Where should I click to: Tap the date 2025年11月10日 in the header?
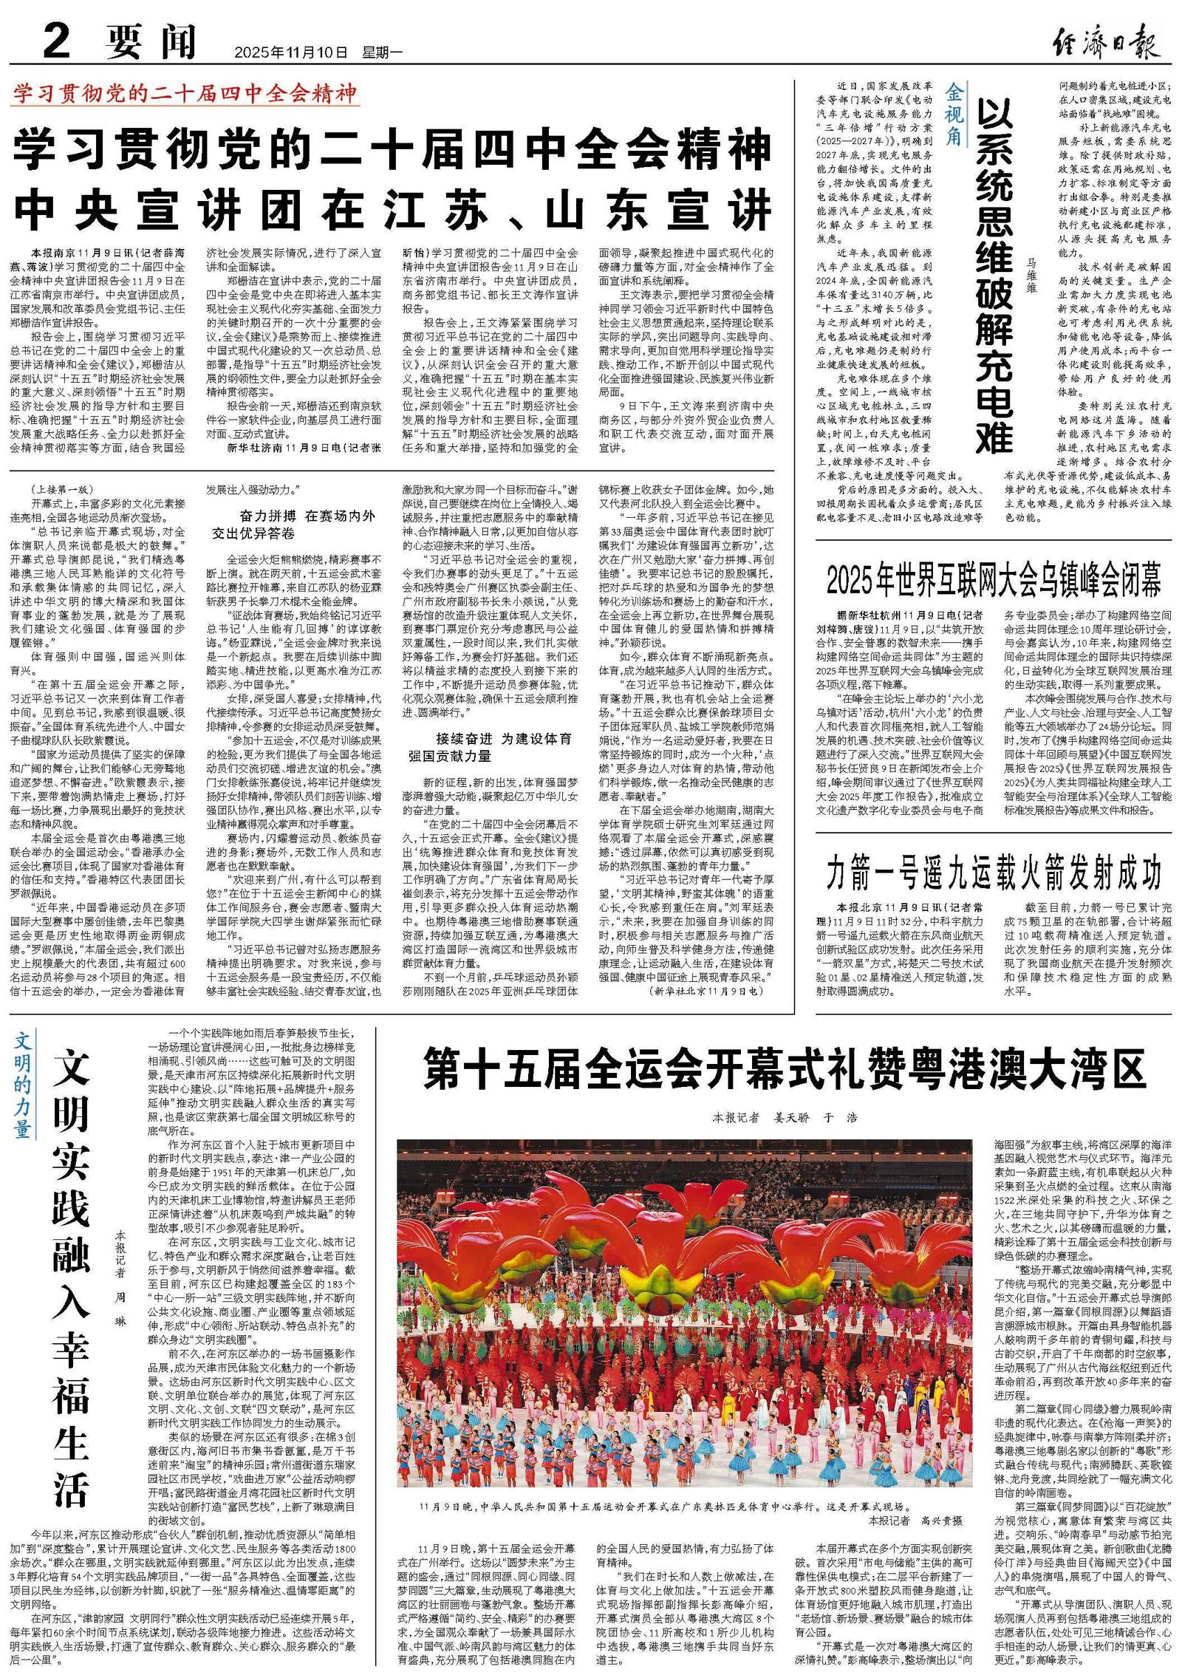[x=290, y=52]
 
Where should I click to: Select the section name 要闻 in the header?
[x=151, y=42]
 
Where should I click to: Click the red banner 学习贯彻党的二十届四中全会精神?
[x=185, y=94]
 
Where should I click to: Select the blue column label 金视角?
[x=954, y=114]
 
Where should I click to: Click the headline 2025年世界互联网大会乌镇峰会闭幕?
[x=993, y=581]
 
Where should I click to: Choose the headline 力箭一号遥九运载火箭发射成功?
[x=993, y=873]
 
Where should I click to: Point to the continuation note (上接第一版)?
[x=63, y=489]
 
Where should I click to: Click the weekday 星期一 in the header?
[x=382, y=52]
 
